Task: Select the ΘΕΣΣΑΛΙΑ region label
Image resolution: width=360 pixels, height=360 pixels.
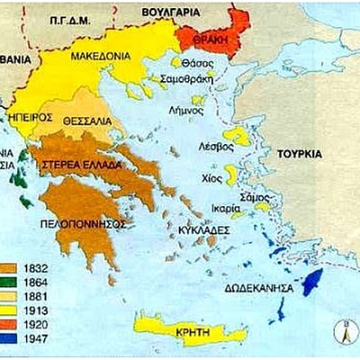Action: tap(87, 120)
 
